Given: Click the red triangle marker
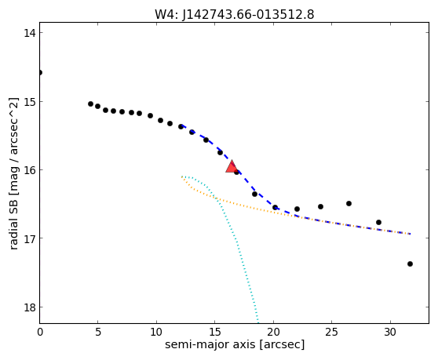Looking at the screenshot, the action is click(x=232, y=167).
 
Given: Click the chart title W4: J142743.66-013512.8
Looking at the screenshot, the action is click(x=235, y=14).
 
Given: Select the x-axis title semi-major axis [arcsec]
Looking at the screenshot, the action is click(x=235, y=344).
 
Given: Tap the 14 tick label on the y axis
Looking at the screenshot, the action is click(x=29, y=33).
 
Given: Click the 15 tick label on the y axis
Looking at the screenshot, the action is click(x=29, y=102).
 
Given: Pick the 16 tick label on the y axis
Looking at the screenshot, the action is click(x=29, y=170).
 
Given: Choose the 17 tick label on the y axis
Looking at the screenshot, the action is click(x=29, y=238).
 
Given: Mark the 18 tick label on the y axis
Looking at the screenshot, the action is click(x=29, y=307).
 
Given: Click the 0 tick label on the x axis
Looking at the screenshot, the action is click(x=40, y=332).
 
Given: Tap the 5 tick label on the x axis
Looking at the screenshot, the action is click(x=98, y=332).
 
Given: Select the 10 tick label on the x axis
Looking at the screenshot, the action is click(x=156, y=332).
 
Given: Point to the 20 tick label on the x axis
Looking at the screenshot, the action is click(x=273, y=332).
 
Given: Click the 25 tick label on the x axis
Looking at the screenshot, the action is click(x=331, y=332).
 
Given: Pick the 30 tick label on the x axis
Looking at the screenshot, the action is click(x=390, y=332).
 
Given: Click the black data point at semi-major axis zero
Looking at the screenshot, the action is click(x=40, y=73).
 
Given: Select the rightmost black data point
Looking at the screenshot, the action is click(x=410, y=264).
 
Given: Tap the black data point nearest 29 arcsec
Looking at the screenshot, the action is click(x=378, y=222).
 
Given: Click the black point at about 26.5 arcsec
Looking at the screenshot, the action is click(x=349, y=203).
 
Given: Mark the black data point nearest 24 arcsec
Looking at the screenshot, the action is click(x=321, y=206).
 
